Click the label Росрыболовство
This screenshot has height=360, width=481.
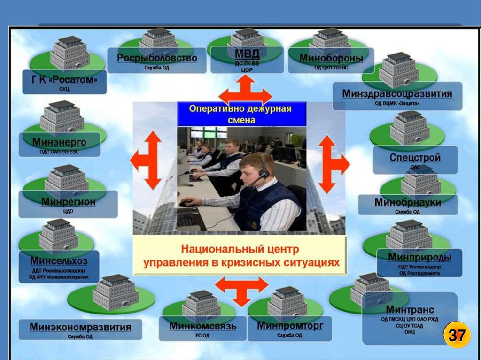point(157,58)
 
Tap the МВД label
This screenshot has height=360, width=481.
point(247,53)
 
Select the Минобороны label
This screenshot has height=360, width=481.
point(331,59)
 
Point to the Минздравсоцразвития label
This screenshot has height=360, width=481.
point(397,94)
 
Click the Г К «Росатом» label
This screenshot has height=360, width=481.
point(65,80)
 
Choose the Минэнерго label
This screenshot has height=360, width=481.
point(59,142)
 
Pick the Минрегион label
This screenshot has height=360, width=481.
point(68,202)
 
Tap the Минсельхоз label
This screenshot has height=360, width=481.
point(59,260)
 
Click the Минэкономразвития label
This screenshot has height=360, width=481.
point(80,327)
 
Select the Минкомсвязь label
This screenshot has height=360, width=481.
point(203,326)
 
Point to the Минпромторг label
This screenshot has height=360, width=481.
point(290,325)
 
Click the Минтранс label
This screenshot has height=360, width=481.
point(410,310)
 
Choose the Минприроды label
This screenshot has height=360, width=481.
point(419,257)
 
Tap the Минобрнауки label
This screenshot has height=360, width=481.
point(407,202)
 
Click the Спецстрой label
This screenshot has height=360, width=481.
point(415,158)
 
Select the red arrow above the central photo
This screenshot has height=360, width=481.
point(245,92)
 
